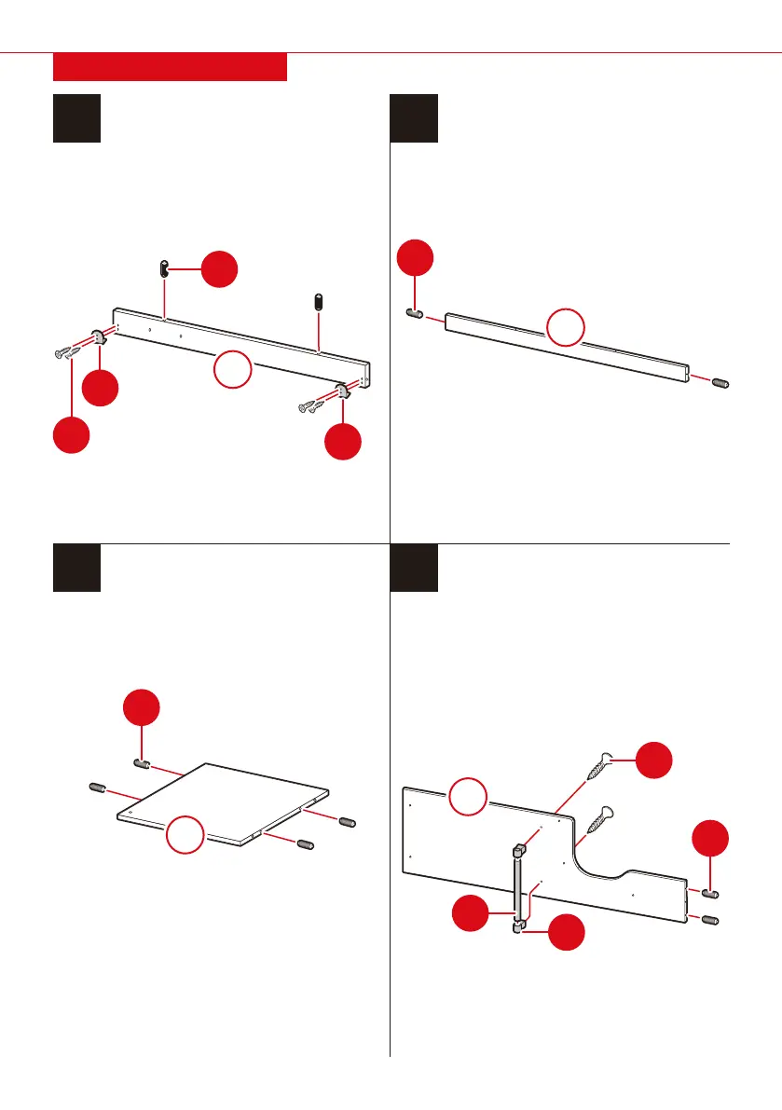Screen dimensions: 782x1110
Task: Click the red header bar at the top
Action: pyautogui.click(x=170, y=67)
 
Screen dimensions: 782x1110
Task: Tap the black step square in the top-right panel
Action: pyautogui.click(x=414, y=118)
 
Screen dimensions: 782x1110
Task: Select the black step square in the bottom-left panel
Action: pyautogui.click(x=77, y=568)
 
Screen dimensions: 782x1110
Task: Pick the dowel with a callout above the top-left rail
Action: pyautogui.click(x=161, y=269)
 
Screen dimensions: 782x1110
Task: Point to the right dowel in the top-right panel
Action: pyautogui.click(x=721, y=382)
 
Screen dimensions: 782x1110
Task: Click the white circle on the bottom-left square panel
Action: pyautogui.click(x=185, y=832)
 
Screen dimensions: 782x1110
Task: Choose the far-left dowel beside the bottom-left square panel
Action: pyautogui.click(x=95, y=788)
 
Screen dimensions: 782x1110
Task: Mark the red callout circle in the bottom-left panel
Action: pyautogui.click(x=142, y=710)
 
